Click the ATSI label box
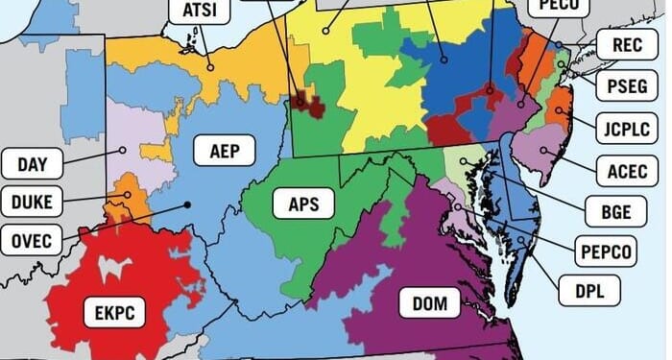tap(200, 12)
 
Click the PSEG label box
tap(626, 86)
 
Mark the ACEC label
tap(626, 171)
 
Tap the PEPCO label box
tap(607, 252)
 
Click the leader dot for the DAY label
tap(123, 150)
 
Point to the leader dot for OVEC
tap(186, 204)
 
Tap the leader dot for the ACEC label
tap(544, 150)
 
